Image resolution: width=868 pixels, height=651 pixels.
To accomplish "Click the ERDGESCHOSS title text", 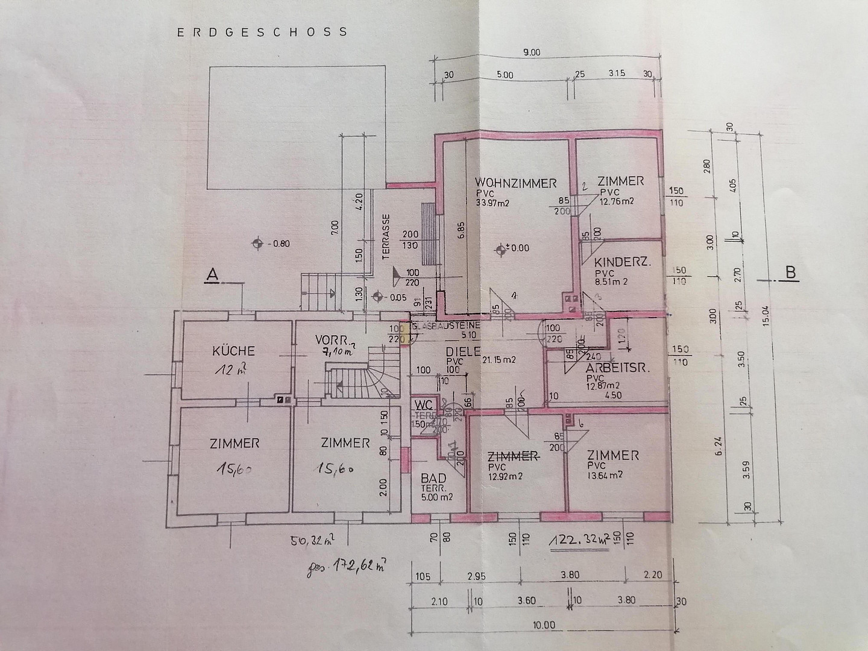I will tap(262, 32).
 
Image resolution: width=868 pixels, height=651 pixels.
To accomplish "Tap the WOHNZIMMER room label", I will tap(515, 183).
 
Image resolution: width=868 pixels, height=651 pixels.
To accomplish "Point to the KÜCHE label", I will tap(233, 351).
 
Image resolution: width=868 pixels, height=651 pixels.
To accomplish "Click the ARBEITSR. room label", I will tap(617, 369).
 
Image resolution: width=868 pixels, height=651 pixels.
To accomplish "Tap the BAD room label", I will tap(433, 477).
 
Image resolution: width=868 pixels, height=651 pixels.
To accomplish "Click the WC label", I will tap(424, 405).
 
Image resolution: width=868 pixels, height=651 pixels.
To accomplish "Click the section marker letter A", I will tap(212, 275).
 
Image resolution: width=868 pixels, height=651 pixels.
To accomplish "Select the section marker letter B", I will tap(790, 272).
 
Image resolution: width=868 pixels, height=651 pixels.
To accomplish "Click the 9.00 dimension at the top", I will tap(532, 53).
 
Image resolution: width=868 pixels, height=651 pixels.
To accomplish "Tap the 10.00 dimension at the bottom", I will tap(544, 625).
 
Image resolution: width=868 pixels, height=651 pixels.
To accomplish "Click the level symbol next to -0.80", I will tap(257, 244).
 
